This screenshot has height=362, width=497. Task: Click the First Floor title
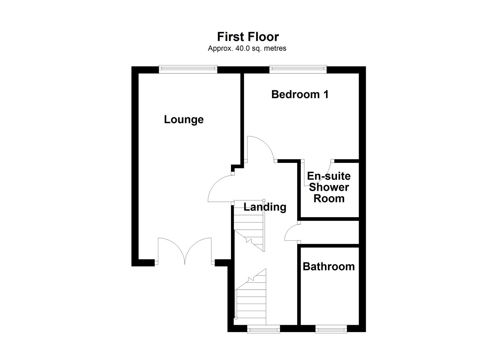(248, 37)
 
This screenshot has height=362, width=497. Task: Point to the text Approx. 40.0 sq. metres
(247, 48)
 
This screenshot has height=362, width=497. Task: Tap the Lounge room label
(184, 119)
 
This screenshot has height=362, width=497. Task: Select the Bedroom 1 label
(300, 95)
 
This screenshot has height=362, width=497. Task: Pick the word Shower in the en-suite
(329, 187)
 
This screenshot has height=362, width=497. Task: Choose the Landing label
(265, 207)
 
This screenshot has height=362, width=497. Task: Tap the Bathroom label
(329, 266)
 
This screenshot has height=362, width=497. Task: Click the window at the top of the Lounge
(188, 69)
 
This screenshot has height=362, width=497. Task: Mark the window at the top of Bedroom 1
(298, 69)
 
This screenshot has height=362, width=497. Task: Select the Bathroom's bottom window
(331, 330)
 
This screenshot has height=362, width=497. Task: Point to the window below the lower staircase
(263, 330)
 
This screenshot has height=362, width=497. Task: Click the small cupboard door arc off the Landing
(292, 232)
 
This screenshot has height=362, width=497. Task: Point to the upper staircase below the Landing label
(249, 226)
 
